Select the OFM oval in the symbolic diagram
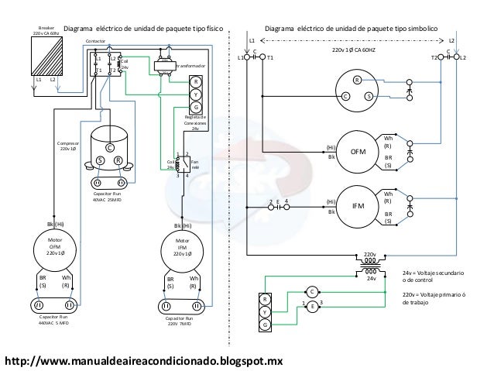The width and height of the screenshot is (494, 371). point(357,151)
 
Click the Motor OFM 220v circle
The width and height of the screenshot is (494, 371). point(53,249)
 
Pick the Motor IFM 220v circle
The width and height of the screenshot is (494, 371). point(183,249)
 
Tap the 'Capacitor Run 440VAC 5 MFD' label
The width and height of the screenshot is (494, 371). point(53,321)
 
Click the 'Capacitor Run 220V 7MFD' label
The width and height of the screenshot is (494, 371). point(183,321)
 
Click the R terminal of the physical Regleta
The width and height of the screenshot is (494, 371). point(196,82)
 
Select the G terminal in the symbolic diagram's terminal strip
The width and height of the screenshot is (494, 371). point(266,325)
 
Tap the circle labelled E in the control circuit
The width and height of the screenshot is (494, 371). point(312,307)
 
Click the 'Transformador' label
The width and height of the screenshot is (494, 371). point(190,67)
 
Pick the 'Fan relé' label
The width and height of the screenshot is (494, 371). point(195,166)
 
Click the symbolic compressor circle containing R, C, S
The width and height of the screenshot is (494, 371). point(357,88)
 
